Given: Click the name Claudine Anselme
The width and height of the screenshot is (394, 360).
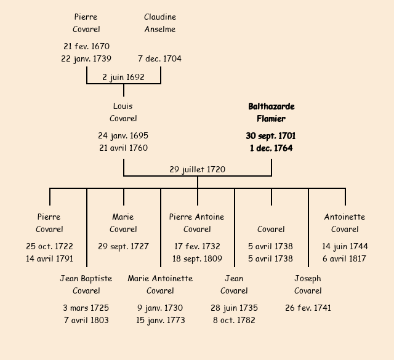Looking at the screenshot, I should (160, 23).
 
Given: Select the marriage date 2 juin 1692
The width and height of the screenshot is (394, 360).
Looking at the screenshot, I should (123, 77).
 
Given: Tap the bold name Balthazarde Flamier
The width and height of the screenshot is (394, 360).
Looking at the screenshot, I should (271, 113).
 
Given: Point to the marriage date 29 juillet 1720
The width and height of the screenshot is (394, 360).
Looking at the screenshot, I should (197, 169).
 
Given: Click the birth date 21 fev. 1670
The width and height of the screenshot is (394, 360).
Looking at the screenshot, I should (86, 46).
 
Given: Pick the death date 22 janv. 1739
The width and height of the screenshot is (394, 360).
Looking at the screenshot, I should (86, 58).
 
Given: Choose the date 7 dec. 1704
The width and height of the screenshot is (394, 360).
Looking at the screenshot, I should (160, 58).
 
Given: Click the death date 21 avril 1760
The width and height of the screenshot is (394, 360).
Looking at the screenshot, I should (123, 148).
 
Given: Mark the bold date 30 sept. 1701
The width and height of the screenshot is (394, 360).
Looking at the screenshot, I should (271, 135).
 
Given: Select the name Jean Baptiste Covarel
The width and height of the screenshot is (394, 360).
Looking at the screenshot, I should (86, 284).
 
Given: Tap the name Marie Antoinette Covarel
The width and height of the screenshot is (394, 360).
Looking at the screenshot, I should (160, 284).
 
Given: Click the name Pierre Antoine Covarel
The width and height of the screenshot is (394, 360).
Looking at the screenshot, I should (197, 223).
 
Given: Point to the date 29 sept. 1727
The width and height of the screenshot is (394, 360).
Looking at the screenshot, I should (123, 246).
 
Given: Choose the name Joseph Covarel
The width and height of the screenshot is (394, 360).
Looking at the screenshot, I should (308, 284).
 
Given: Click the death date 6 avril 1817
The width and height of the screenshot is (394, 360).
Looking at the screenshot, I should (345, 258).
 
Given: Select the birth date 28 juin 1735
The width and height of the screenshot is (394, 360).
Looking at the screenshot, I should (234, 308).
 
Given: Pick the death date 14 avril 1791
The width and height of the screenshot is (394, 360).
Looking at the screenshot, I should (49, 258).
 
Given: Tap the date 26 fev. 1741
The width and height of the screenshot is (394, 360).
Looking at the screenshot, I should (308, 308).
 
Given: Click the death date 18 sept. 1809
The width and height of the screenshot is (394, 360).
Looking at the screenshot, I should (197, 258).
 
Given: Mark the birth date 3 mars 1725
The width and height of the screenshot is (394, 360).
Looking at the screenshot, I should (86, 308).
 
